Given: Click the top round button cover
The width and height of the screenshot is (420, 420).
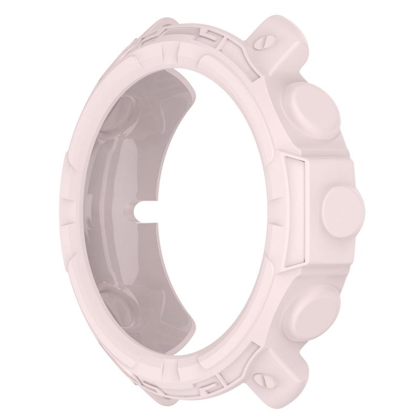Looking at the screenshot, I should [x=308, y=106].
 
